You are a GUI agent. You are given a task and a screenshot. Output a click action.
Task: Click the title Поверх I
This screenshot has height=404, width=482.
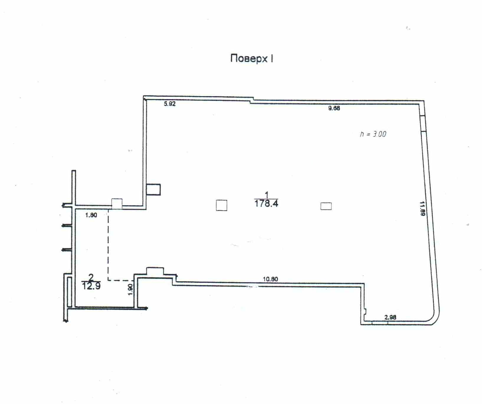point(252,58)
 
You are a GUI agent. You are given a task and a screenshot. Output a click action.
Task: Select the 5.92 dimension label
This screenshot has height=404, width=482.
point(170,104)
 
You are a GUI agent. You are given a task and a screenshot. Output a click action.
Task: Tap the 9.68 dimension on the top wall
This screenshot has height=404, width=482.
point(334,108)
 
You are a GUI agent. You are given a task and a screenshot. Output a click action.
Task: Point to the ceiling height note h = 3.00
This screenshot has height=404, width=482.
point(373,134)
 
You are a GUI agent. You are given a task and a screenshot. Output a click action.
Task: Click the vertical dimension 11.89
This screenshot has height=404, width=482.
point(422,208)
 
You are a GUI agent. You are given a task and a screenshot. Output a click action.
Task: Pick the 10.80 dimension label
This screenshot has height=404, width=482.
point(270,279)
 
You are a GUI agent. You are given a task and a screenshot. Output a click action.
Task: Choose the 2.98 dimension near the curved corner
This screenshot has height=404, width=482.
point(390,317)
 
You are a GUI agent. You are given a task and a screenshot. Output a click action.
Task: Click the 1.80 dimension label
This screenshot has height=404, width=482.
point(91,215)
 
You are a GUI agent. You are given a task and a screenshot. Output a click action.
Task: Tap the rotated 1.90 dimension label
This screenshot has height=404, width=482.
point(130,289)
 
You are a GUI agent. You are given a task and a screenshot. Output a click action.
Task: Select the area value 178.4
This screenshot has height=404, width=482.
point(266,203)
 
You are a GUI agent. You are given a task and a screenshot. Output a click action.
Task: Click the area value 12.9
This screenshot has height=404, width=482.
point(91,286)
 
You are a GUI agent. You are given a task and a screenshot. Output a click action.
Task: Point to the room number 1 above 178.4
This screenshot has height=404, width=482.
point(267,195)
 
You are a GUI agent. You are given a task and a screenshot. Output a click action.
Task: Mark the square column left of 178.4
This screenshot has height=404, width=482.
point(222,205)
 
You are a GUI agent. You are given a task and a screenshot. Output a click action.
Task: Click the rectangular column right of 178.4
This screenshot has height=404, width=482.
point(326,206)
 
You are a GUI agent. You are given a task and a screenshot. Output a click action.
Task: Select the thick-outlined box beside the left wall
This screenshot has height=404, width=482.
point(153,190)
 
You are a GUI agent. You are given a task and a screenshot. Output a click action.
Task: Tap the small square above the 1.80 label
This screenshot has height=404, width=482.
point(117,204)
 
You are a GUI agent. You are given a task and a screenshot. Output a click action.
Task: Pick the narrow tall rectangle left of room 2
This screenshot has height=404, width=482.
point(70,292)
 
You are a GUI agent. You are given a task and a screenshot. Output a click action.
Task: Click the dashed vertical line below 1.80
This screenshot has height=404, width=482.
point(108,245)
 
